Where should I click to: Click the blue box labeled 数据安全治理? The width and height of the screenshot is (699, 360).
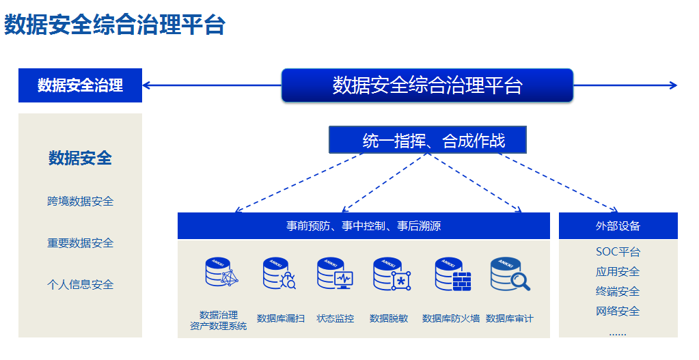pyautogui.click(x=80, y=85)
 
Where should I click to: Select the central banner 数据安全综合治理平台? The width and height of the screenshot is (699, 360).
pyautogui.click(x=427, y=85)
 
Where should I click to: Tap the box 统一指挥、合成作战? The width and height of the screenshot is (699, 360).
pyautogui.click(x=428, y=141)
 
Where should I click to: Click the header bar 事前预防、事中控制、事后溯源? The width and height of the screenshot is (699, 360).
pyautogui.click(x=364, y=226)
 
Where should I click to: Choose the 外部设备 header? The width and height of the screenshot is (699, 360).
pyautogui.click(x=618, y=226)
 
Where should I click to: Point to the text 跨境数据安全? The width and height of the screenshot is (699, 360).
pyautogui.click(x=80, y=202)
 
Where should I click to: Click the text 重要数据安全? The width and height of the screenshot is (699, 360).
pyautogui.click(x=80, y=243)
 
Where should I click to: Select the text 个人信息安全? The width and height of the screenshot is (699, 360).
pyautogui.click(x=80, y=285)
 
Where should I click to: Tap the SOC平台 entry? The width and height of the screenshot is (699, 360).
pyautogui.click(x=618, y=252)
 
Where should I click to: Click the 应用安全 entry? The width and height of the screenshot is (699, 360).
pyautogui.click(x=618, y=272)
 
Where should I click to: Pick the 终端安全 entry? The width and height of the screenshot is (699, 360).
pyautogui.click(x=618, y=292)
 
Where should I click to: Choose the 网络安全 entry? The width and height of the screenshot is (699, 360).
pyautogui.click(x=618, y=311)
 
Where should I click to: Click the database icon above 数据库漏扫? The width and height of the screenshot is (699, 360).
pyautogui.click(x=279, y=274)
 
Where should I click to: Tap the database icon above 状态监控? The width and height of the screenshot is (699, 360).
pyautogui.click(x=334, y=274)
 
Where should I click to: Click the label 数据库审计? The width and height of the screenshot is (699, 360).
pyautogui.click(x=510, y=318)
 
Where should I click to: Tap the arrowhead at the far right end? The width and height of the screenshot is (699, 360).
pyautogui.click(x=673, y=85)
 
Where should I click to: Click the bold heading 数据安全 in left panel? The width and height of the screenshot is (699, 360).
pyautogui.click(x=80, y=158)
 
